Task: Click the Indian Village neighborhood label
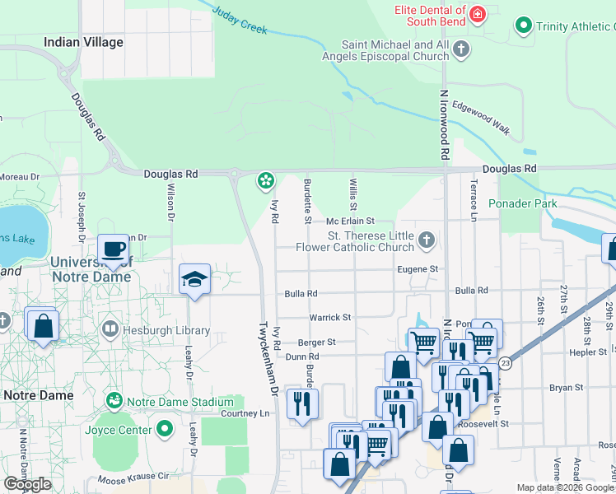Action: (x=83, y=42)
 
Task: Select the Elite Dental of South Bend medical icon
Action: (x=477, y=14)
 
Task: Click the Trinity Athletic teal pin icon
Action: (x=522, y=26)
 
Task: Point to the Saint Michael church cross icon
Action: (x=461, y=49)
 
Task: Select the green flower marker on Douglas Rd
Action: (x=265, y=179)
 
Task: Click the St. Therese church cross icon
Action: (x=426, y=240)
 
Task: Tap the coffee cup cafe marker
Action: (x=114, y=249)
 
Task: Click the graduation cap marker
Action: (x=194, y=280)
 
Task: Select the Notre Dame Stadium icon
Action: (x=114, y=401)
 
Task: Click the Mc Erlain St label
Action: (x=349, y=221)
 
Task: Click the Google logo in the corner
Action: (x=27, y=484)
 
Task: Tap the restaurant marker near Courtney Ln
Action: (x=302, y=403)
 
